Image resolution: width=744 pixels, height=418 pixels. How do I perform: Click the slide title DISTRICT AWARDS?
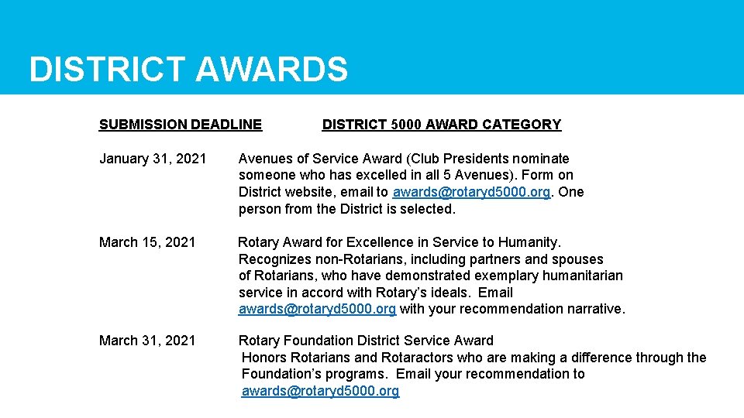188,70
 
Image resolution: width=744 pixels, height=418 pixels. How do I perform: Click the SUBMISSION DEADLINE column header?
181,125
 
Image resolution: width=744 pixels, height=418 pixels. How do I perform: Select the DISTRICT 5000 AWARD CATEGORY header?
441,125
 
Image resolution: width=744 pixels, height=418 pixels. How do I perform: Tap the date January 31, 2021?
153,159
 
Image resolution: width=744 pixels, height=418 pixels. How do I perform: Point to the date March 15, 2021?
147,242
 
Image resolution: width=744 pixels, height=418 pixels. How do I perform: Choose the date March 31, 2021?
147,341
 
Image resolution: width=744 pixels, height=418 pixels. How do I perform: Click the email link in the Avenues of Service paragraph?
472,192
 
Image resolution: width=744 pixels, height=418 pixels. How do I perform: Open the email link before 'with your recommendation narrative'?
317,309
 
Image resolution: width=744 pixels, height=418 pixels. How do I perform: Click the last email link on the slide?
320,391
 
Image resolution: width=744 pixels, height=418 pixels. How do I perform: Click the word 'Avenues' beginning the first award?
264,159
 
